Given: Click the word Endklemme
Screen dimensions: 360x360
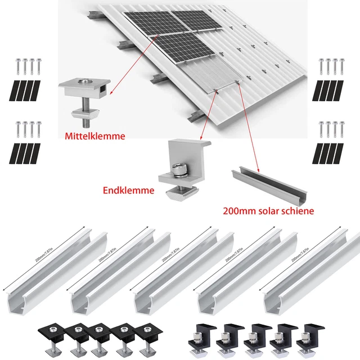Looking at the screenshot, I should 128,191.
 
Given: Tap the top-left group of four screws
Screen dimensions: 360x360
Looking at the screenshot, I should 28,66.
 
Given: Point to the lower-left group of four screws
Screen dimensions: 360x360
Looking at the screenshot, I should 28,129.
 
